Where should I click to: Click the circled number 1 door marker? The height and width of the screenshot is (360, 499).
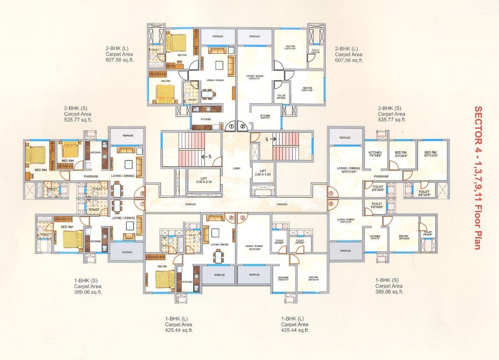click(x=231, y=126)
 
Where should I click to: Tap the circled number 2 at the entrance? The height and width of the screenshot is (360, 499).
click(x=243, y=126)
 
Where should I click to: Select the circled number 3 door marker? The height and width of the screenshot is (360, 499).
click(x=331, y=194)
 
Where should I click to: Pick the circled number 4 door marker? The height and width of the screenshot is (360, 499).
click(x=331, y=203)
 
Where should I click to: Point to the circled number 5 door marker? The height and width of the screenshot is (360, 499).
click(x=243, y=218)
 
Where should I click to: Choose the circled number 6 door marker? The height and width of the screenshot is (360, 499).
click(x=232, y=218)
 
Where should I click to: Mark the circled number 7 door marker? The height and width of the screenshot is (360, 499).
click(x=142, y=204)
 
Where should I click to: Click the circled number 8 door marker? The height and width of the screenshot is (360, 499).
click(x=142, y=194)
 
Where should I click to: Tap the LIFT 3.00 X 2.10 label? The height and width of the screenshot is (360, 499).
click(x=197, y=180)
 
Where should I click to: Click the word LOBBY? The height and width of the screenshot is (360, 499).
click(x=237, y=168)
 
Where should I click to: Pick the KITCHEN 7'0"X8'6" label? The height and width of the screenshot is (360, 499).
click(x=375, y=154)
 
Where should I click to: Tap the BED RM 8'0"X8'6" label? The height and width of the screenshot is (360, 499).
click(x=401, y=154)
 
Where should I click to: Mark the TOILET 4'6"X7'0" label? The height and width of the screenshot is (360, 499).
click(x=316, y=52)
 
